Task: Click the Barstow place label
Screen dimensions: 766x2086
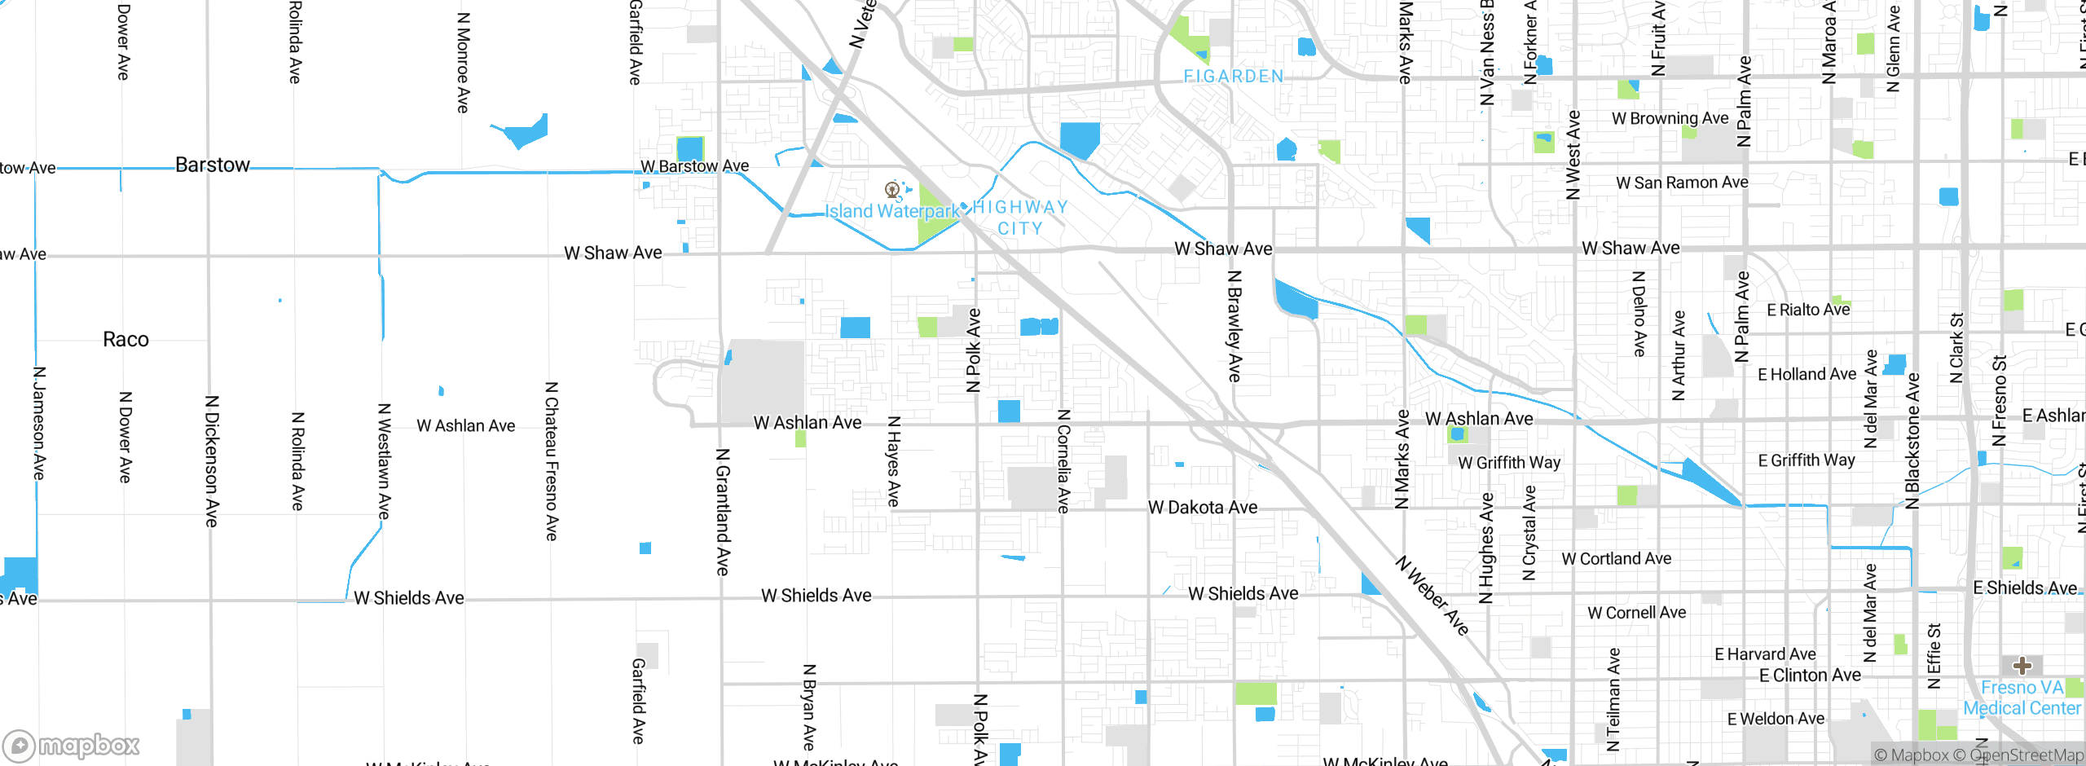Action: click(x=213, y=165)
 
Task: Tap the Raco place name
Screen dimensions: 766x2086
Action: click(x=125, y=340)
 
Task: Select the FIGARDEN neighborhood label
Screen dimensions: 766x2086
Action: click(x=1233, y=77)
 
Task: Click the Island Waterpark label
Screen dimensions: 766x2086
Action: click(x=893, y=212)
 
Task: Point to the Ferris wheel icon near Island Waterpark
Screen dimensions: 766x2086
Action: click(x=892, y=191)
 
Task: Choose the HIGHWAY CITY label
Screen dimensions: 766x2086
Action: click(x=1020, y=218)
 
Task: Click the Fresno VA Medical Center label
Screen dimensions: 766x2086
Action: click(x=2022, y=698)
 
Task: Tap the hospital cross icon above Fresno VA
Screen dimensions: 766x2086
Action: click(x=2022, y=666)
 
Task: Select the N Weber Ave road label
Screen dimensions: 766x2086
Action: click(x=1432, y=596)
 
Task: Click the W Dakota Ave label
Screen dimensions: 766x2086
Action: click(x=1203, y=508)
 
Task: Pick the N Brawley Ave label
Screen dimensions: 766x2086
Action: click(x=1234, y=327)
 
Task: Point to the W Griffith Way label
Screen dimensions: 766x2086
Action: click(x=1509, y=463)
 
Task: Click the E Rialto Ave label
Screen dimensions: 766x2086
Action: click(x=1808, y=310)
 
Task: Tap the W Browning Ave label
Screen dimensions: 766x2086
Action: click(x=1670, y=119)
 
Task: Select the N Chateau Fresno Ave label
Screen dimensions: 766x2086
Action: click(x=552, y=461)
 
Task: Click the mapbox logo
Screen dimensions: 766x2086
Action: click(x=72, y=745)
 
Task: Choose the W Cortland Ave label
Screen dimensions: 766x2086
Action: click(x=1616, y=559)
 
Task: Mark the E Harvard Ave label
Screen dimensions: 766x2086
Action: click(x=1765, y=654)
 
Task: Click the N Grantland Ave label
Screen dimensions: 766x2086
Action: click(x=722, y=512)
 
